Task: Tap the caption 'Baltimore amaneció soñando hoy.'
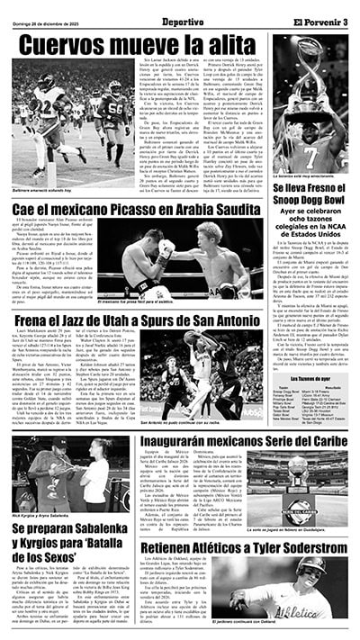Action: coord(43,191)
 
